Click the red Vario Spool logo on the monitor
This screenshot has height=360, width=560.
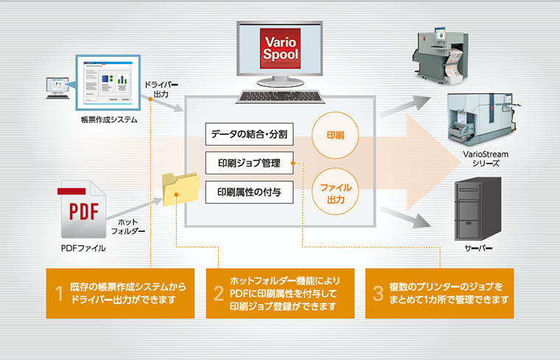click(x=281, y=46)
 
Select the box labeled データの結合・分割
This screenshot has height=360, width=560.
click(x=249, y=135)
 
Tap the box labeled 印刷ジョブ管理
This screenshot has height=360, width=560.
click(x=249, y=163)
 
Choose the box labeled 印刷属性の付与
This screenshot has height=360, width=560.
click(x=249, y=192)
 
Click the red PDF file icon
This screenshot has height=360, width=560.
click(x=80, y=209)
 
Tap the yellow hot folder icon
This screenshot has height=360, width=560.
click(x=181, y=191)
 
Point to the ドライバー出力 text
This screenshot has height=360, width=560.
click(x=161, y=89)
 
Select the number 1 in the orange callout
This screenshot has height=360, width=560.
click(x=58, y=293)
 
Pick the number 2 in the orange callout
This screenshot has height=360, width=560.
click(x=218, y=293)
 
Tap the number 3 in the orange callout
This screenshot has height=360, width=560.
click(x=378, y=293)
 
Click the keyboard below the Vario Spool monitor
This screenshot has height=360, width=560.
click(x=282, y=96)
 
